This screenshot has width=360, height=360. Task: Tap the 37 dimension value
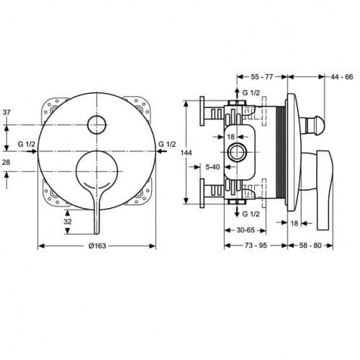point(6,113)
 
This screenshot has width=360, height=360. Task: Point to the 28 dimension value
point(6,163)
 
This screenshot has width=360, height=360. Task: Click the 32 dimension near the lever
point(68,222)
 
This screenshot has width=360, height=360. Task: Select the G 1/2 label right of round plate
point(166,145)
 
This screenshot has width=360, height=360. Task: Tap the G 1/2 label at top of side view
point(252,93)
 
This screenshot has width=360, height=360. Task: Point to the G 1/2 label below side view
point(252,215)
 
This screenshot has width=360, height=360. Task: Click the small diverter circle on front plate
point(95,123)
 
